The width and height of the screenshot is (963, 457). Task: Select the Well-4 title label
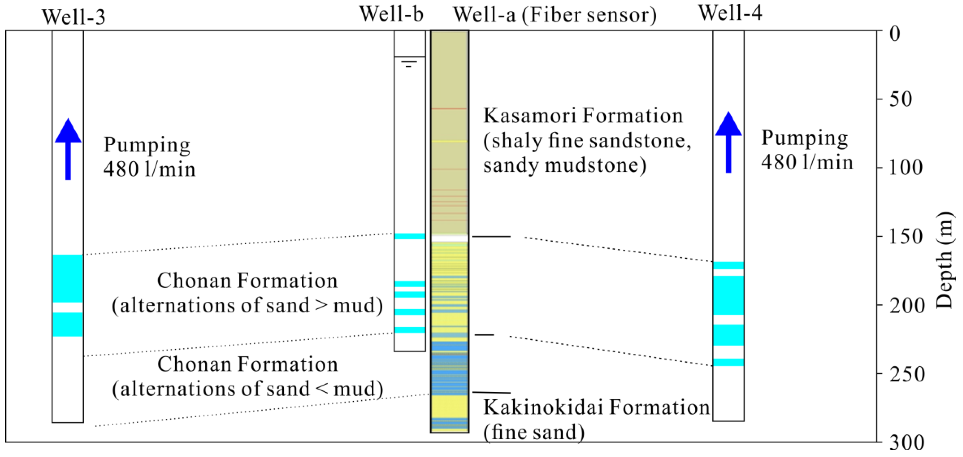(x=730, y=13)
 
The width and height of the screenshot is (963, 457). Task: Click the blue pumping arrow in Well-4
(x=728, y=142)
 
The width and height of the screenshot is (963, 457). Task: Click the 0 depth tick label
(x=895, y=34)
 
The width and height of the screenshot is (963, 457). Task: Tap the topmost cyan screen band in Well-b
(x=410, y=236)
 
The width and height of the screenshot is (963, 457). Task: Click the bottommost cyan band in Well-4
(x=728, y=362)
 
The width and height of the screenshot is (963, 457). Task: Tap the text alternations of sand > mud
(x=247, y=306)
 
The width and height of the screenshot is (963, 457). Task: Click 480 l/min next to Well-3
(x=150, y=169)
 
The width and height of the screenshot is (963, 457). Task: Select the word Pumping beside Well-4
(x=804, y=138)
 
